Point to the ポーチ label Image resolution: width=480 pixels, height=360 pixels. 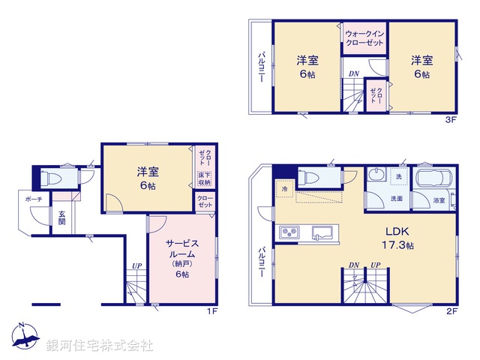33,199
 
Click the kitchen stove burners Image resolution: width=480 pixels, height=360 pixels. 289,232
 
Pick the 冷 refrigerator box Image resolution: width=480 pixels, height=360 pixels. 284,190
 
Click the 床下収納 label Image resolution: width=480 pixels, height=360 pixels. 204,178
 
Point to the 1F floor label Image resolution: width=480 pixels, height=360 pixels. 212,309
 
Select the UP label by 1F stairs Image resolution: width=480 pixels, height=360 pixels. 136,266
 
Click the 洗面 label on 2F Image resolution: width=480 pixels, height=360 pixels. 396,199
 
